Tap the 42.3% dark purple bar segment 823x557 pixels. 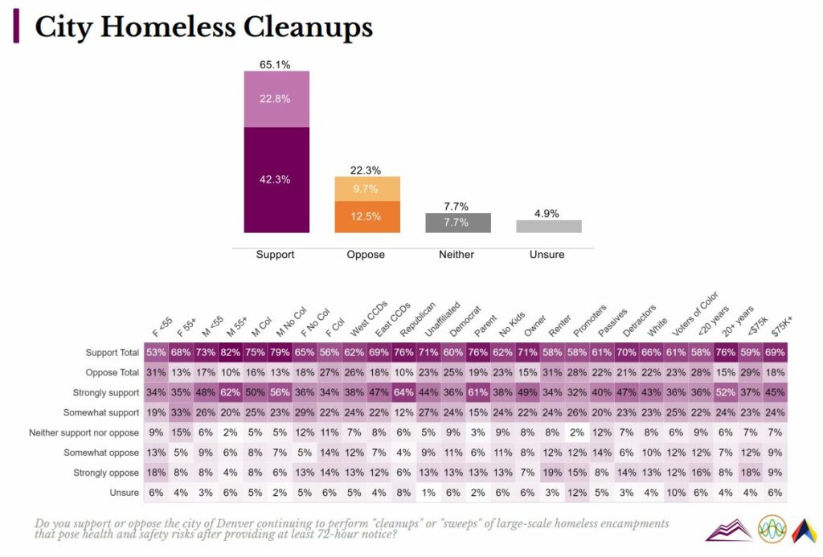[x=276, y=179]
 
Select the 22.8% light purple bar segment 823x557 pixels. [x=276, y=99]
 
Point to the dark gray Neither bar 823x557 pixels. [x=457, y=223]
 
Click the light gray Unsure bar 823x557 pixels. [x=548, y=227]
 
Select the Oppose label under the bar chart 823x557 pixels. [x=366, y=255]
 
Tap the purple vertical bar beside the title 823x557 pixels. [x=16, y=28]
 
